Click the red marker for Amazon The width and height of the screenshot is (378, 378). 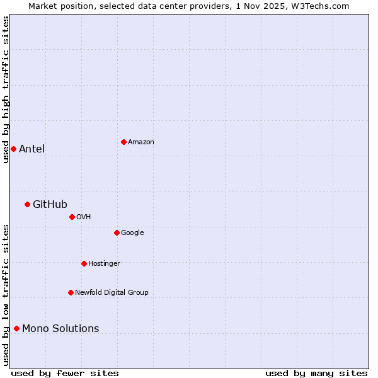coord(123,142)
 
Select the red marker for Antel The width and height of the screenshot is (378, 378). coord(13,149)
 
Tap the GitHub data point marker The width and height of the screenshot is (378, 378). coord(27,204)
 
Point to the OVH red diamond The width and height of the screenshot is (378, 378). coord(72,217)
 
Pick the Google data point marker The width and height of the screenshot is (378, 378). coord(117,232)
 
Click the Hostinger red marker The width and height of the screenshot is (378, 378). coord(84,263)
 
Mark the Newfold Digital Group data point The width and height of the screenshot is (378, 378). coord(71,292)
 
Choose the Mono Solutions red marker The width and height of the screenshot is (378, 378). coord(16,328)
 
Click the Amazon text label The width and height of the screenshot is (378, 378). coord(141,142)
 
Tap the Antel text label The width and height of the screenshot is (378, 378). coord(31,149)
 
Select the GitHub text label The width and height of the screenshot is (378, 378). coord(50,204)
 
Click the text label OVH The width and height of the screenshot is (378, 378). coord(84,217)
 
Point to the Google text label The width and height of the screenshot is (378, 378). coord(132,232)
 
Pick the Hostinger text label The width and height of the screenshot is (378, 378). coord(104,263)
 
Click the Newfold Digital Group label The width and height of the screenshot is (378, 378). coord(112,292)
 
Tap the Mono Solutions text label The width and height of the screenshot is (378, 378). coord(60,328)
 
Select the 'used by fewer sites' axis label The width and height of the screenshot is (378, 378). coord(65,373)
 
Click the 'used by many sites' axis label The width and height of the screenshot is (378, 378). coord(316,373)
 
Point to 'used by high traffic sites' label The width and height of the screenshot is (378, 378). coord(6,89)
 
